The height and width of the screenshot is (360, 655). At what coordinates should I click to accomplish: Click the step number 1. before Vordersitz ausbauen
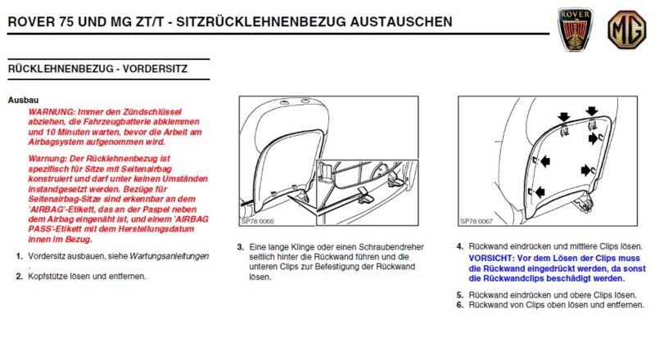tap(18, 256)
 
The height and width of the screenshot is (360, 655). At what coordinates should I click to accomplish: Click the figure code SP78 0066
tap(259, 221)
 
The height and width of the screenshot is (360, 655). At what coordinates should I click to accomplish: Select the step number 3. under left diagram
tap(240, 246)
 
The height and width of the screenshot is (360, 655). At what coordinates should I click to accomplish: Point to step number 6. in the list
tap(460, 304)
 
